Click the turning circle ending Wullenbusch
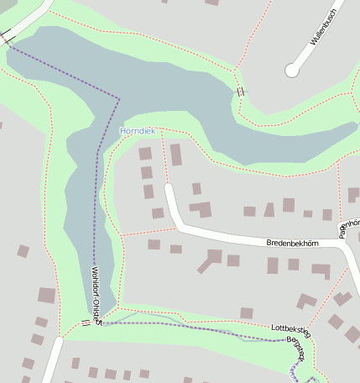tap(292, 71)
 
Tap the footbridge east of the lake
tap(241, 92)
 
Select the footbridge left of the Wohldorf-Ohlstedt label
tap(86, 323)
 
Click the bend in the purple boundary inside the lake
tap(119, 99)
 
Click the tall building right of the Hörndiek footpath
tap(176, 155)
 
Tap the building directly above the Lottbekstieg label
tap(247, 313)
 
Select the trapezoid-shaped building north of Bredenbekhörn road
tap(269, 209)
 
